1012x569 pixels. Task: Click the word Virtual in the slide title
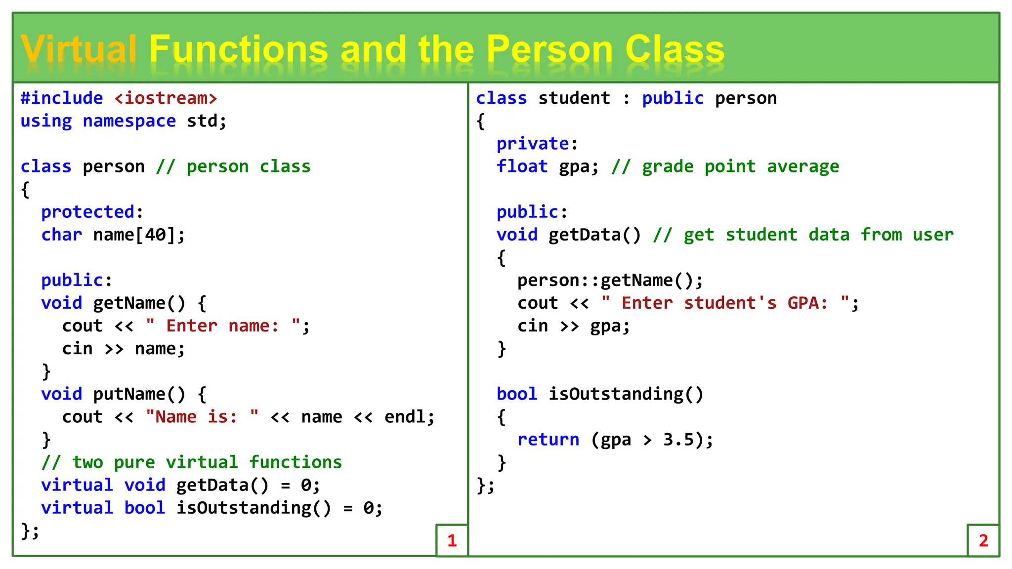click(x=78, y=49)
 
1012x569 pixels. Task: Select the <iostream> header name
click(x=166, y=98)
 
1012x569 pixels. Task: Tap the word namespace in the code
click(x=129, y=121)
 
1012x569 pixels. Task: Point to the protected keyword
click(x=88, y=212)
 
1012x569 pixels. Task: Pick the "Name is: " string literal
click(x=202, y=417)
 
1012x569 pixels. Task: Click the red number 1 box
click(x=452, y=540)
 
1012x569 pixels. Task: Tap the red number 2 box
click(x=983, y=540)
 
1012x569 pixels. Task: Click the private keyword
click(x=533, y=144)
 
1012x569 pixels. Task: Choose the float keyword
click(x=522, y=166)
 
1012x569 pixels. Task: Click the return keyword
click(x=548, y=440)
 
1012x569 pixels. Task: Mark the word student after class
click(x=574, y=98)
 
